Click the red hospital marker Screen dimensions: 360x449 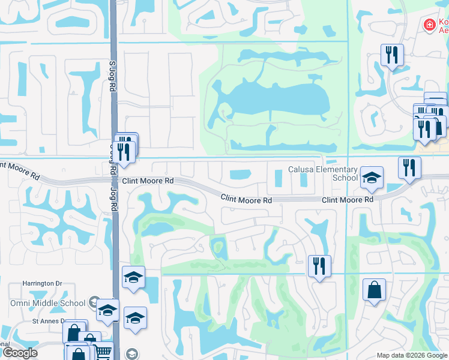429,25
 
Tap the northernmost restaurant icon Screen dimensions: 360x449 392,56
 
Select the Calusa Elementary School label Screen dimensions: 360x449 323,173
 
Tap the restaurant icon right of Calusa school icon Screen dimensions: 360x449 409,167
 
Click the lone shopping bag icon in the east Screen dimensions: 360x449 374,290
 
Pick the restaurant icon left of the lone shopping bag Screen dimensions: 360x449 319,266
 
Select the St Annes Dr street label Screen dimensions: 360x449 50,321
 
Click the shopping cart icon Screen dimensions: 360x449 104,352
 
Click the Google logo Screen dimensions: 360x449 20,353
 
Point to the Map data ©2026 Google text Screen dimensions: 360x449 411,355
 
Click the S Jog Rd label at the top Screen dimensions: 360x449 112,74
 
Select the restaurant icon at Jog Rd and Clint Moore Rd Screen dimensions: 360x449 124,150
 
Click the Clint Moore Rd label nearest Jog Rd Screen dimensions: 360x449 148,180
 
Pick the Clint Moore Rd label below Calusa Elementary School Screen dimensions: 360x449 348,199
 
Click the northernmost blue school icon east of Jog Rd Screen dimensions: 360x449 133,277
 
